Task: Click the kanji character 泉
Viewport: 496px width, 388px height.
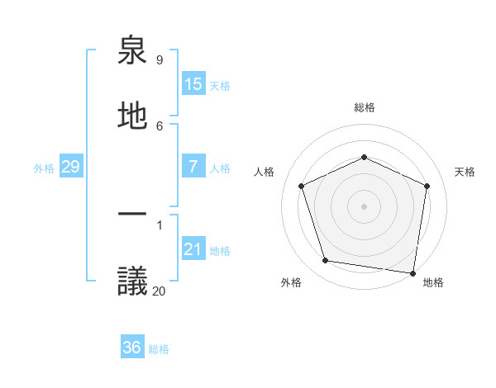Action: tap(132, 50)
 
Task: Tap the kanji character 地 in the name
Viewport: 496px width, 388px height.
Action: tap(132, 116)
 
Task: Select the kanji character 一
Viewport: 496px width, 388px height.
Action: tap(132, 214)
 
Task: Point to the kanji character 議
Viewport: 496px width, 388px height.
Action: tap(132, 281)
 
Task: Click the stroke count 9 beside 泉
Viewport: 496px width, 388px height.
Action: tap(160, 59)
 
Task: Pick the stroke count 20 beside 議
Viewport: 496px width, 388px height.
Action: tap(160, 291)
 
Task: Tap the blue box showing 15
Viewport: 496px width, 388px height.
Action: tap(193, 84)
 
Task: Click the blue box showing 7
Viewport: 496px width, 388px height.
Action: tap(193, 167)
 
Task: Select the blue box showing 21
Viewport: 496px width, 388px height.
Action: tap(193, 249)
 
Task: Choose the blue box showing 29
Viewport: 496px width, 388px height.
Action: tap(70, 167)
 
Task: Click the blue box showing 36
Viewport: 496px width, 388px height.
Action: tap(132, 348)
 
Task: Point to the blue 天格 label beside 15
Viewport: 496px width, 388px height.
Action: tap(220, 86)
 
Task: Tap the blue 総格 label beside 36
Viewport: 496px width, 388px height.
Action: tap(159, 349)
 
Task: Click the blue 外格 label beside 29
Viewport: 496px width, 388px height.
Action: tap(44, 168)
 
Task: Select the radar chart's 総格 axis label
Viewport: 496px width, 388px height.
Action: tap(364, 107)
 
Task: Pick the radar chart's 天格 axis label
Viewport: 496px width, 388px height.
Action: tap(465, 172)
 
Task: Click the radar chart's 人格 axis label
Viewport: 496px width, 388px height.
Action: tap(265, 172)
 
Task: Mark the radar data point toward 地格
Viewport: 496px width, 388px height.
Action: tap(413, 272)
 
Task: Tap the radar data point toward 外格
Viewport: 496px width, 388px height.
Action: tap(326, 261)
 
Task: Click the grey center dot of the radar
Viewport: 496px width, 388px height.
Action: tap(364, 206)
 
